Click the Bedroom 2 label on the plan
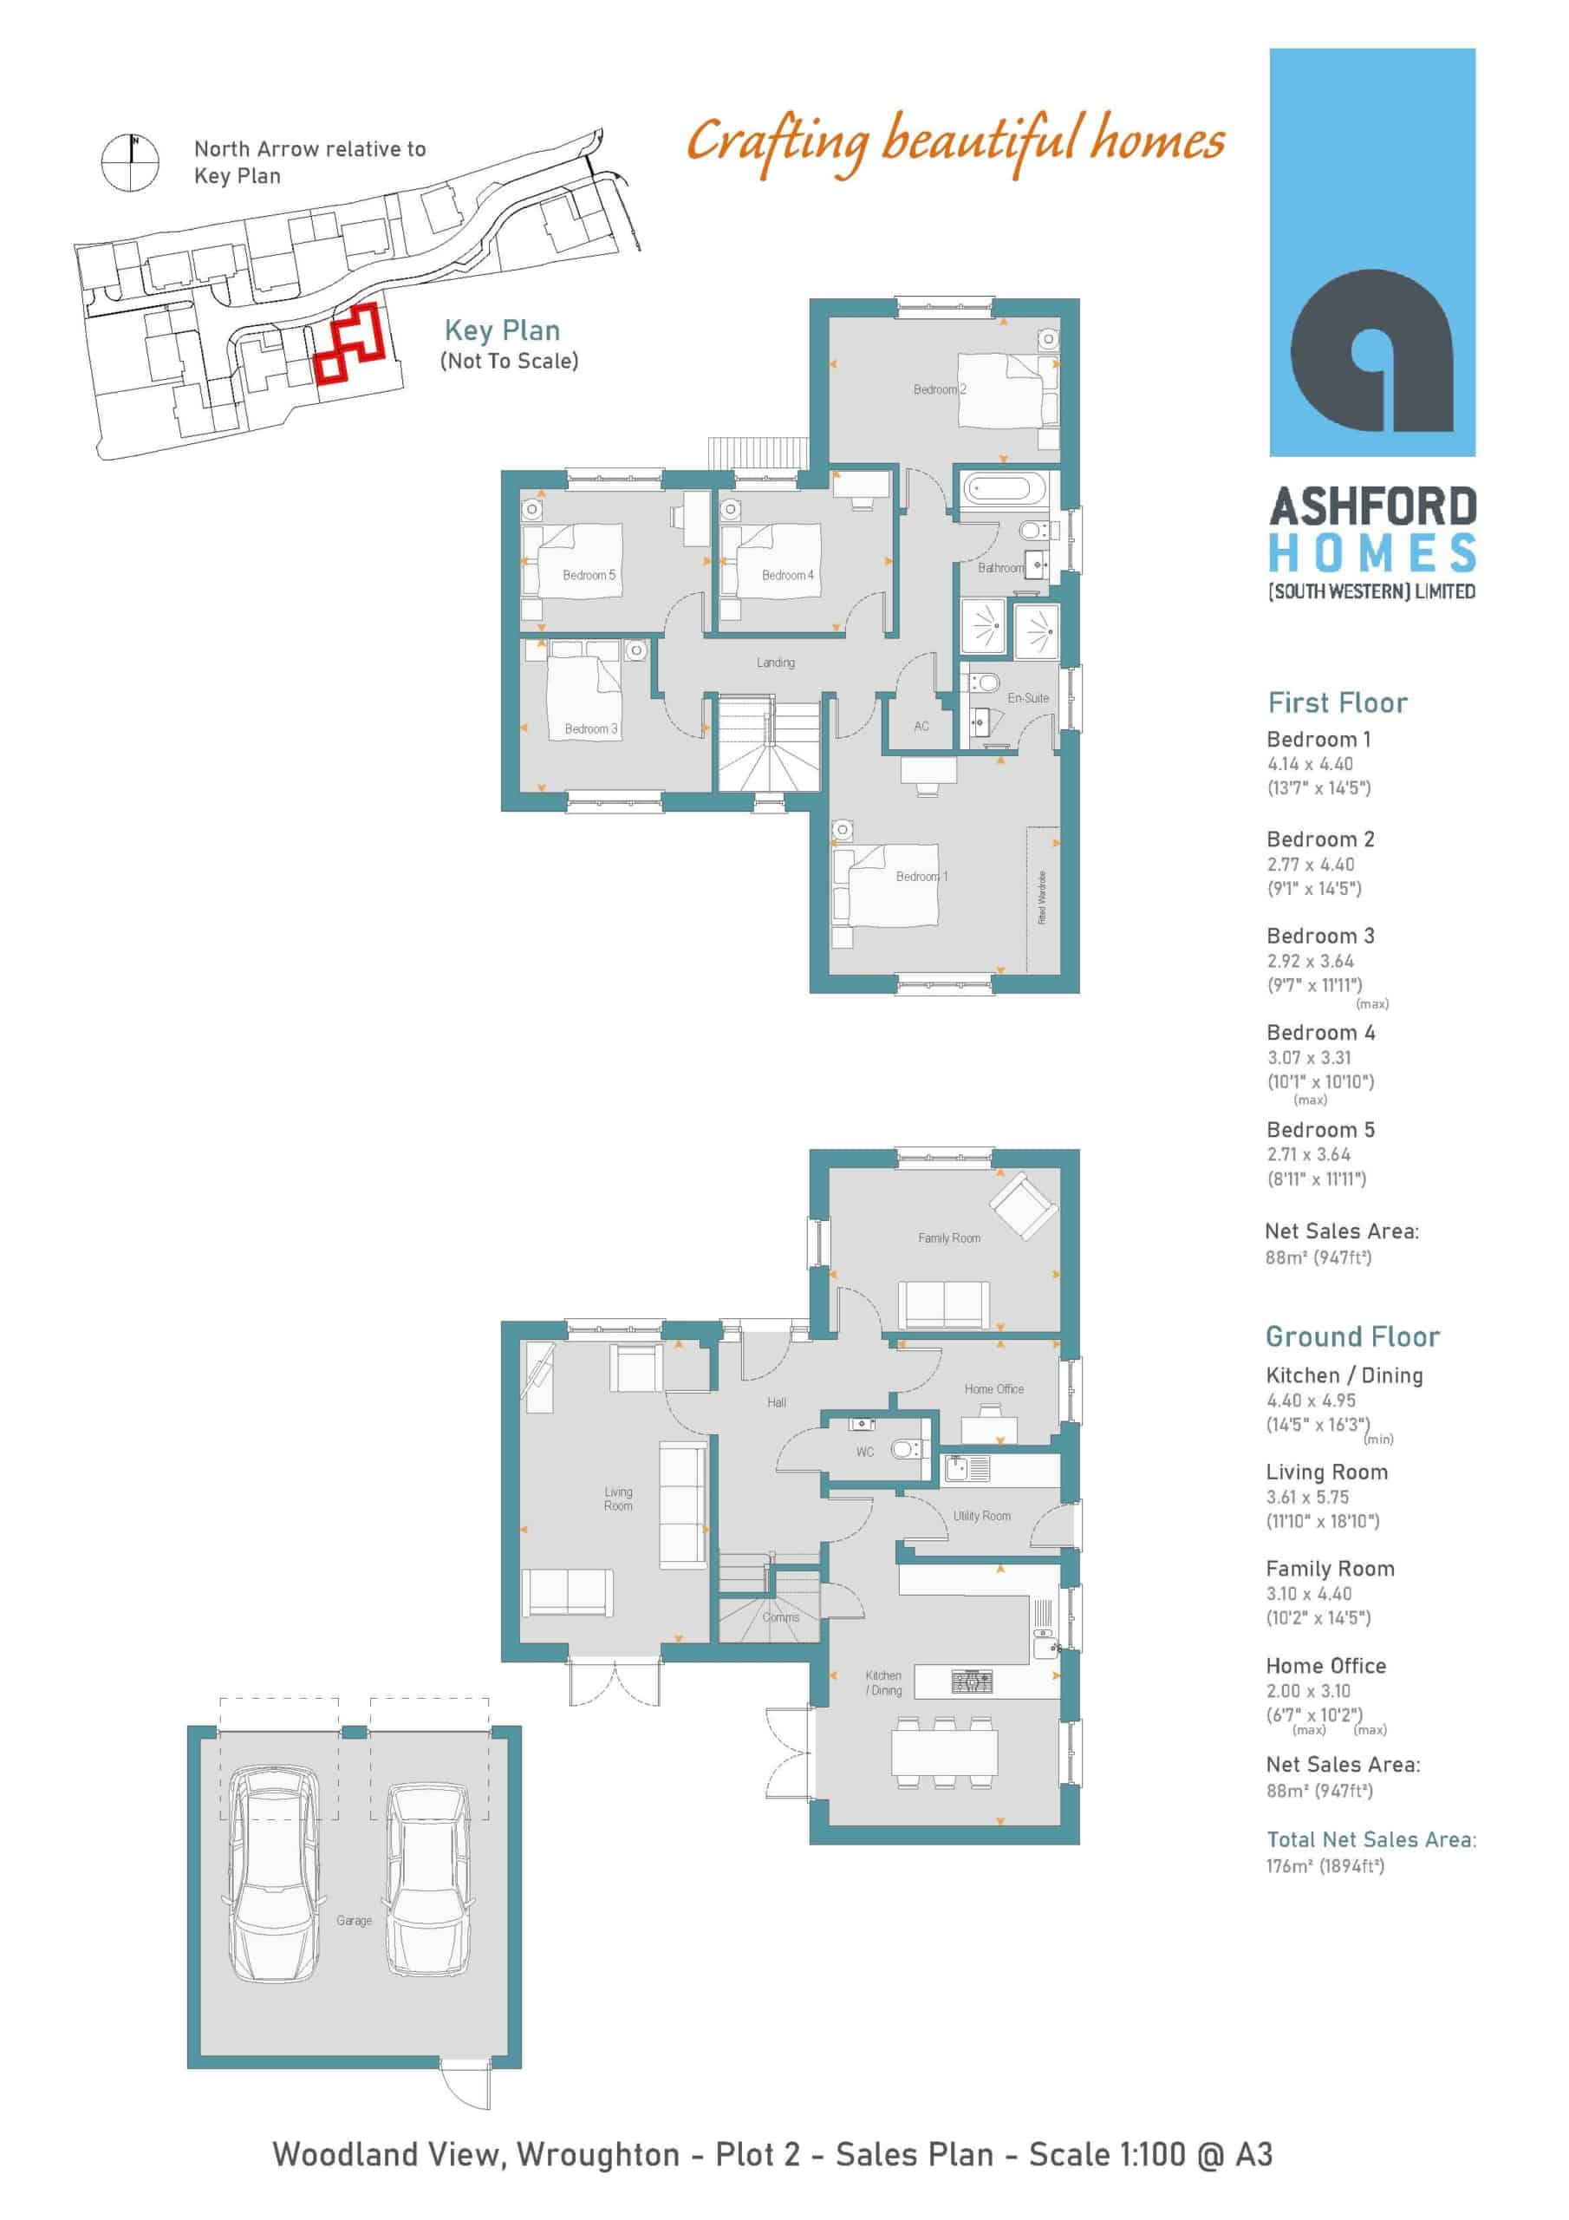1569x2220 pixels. click(940, 389)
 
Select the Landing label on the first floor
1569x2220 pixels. click(775, 663)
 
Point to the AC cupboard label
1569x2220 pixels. click(921, 726)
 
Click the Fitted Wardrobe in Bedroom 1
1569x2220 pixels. click(1043, 899)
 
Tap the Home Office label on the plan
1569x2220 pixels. click(993, 1388)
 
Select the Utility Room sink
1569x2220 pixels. click(967, 1469)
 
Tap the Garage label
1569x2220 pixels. click(354, 1920)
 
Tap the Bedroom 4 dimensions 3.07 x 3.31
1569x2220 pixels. click(1309, 1058)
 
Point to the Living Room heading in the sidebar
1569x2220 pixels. click(1326, 1472)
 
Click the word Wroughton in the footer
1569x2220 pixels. click(597, 2155)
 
